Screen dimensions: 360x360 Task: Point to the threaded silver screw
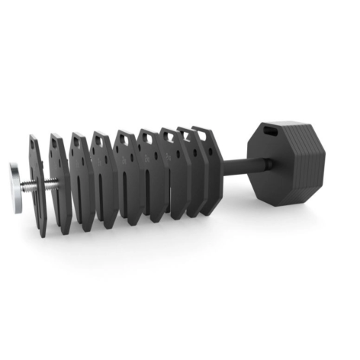click(x=43, y=183)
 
